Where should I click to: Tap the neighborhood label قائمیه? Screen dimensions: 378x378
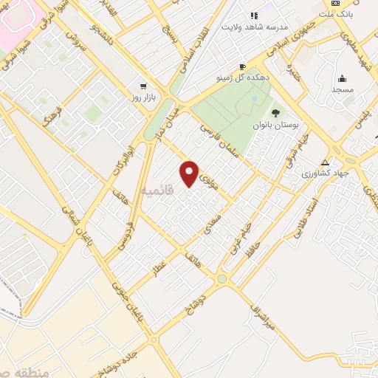coord(157,190)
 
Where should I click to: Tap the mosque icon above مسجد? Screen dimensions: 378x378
coord(342,79)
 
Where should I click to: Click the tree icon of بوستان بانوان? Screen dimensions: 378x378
coord(275,113)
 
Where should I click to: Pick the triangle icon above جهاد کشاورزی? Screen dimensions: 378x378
coord(325,162)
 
